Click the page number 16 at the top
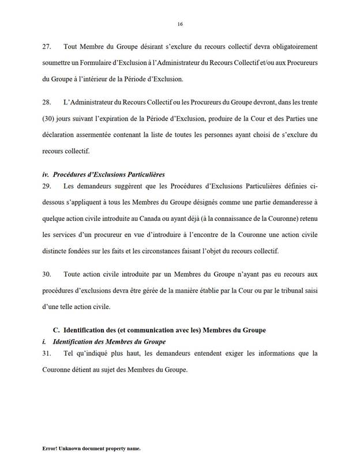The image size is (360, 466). coord(180,24)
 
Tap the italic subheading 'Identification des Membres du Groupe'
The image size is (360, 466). coord(108,342)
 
